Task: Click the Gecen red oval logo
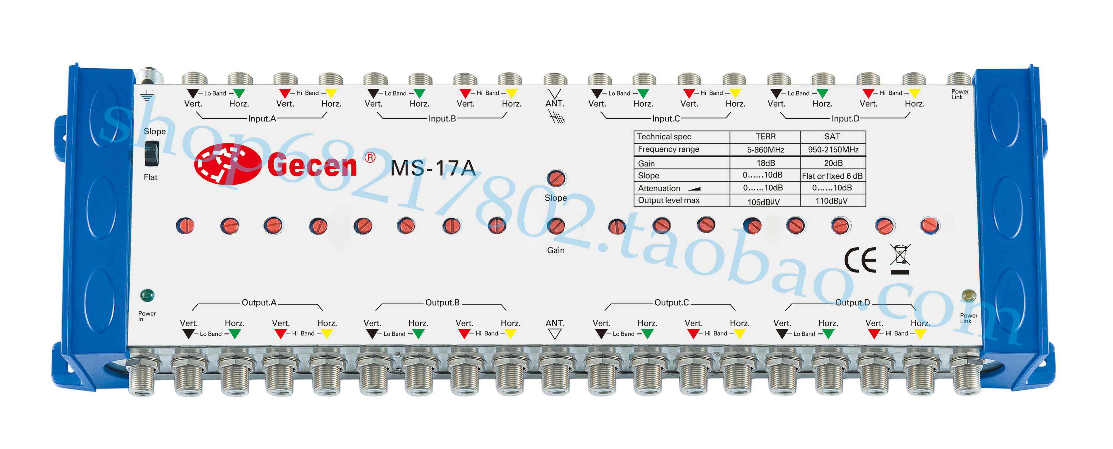coord(228,164)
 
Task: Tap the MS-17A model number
coord(432,168)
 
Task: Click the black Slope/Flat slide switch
coord(151,153)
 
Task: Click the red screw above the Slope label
coord(557,178)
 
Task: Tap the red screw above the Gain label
coord(556,226)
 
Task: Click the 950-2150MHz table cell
coord(833,149)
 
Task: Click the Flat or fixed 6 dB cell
coord(832,176)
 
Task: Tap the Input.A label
coord(262,118)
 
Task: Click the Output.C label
coord(672,303)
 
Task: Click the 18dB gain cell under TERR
coord(766,163)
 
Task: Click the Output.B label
coord(442,303)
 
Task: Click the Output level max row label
coord(669,200)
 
